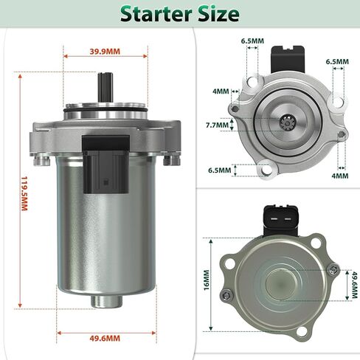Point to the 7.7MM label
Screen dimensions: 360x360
pyautogui.click(x=219, y=125)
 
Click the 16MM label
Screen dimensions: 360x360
pyautogui.click(x=207, y=280)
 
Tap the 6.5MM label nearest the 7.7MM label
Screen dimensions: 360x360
pyautogui.click(x=219, y=170)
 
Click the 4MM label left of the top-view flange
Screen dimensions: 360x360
pyautogui.click(x=221, y=91)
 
